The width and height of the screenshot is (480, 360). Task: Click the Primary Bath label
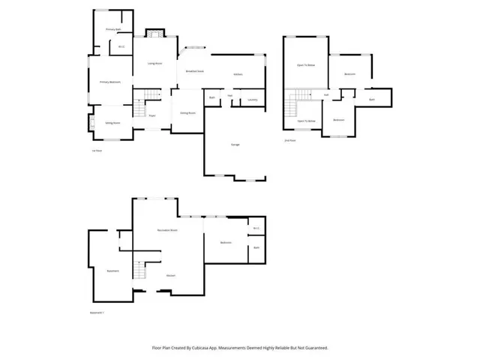113,29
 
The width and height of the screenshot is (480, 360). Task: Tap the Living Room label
155,63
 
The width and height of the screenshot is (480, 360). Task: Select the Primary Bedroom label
110,82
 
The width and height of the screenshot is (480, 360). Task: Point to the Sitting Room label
112,122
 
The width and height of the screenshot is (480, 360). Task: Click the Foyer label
151,115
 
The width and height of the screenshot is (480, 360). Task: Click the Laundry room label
252,99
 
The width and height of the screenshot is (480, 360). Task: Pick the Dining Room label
187,112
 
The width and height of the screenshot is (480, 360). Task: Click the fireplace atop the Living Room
154,34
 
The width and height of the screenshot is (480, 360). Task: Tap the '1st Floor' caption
96,151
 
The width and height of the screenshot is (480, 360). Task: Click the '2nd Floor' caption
289,140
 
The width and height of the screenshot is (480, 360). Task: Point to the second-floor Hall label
326,95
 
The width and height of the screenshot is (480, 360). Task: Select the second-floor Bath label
371,99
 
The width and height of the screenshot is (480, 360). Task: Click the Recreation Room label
166,229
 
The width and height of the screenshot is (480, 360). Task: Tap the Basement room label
112,271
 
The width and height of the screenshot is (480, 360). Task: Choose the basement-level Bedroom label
226,242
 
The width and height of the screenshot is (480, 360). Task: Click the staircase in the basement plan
138,269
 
